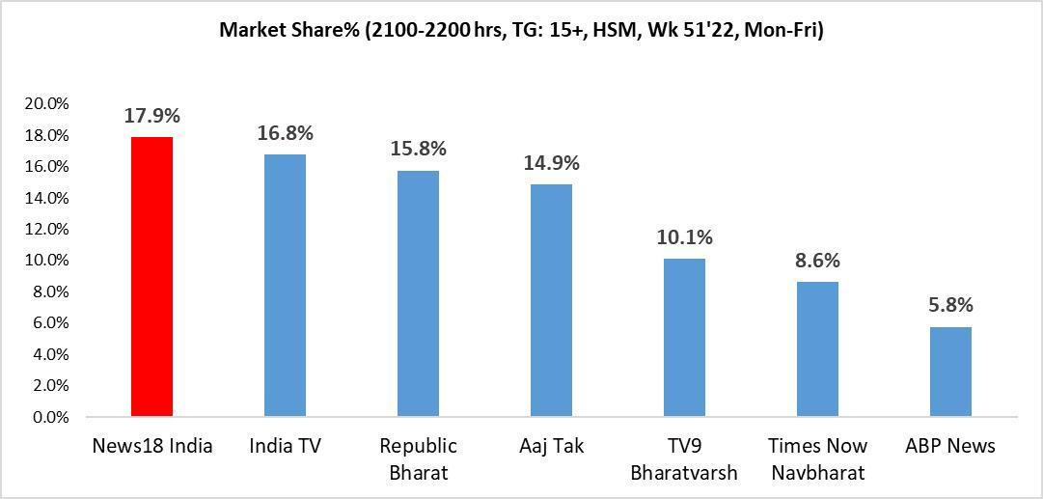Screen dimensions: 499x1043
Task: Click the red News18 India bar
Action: [151, 277]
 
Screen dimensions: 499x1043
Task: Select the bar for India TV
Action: [285, 286]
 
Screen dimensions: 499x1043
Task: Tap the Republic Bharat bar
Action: [418, 293]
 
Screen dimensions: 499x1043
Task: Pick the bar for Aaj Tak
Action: [551, 300]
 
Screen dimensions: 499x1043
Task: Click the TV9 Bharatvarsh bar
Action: [684, 338]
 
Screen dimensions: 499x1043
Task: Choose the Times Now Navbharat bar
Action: [817, 349]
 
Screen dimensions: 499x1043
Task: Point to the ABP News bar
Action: [950, 372]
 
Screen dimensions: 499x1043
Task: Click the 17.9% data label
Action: [151, 116]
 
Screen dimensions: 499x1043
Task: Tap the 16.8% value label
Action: [285, 133]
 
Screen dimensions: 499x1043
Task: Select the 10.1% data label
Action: [684, 237]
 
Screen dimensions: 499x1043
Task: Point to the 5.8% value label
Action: [950, 305]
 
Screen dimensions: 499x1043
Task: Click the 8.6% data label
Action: [817, 261]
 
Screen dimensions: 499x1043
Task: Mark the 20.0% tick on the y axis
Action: [47, 103]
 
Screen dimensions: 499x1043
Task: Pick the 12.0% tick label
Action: [47, 229]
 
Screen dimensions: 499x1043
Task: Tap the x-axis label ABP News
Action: [950, 446]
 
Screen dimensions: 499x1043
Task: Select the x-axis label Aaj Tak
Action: [551, 446]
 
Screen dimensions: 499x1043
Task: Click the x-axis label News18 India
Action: [151, 446]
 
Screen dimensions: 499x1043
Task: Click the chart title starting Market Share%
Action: [521, 30]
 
